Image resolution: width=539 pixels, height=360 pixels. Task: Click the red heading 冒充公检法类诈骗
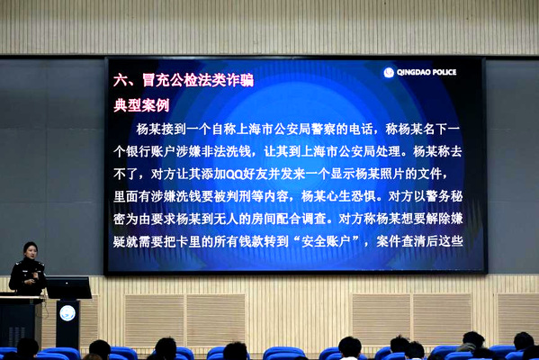[x=198, y=80]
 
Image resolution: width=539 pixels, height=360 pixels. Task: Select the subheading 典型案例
[x=141, y=105]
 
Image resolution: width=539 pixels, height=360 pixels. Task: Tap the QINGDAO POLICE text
[x=427, y=72]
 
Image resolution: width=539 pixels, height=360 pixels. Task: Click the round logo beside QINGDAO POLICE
[x=389, y=72]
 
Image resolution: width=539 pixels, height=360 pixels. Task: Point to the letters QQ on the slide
[x=234, y=175]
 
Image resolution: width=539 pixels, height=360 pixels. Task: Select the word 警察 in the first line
[x=323, y=130]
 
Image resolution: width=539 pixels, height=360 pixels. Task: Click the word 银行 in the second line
[x=139, y=151]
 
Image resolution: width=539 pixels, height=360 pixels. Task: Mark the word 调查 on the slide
[x=314, y=219]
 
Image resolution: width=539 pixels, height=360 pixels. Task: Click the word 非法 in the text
[x=213, y=151]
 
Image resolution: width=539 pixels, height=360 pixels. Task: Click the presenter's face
[x=31, y=252]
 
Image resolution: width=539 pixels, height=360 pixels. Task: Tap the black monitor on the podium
[x=68, y=288]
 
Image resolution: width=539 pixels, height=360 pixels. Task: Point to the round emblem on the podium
[x=67, y=313]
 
